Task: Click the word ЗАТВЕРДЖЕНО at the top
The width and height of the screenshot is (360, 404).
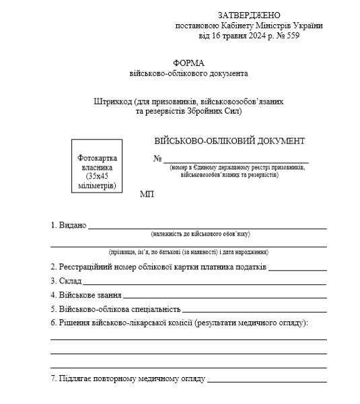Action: click(249, 15)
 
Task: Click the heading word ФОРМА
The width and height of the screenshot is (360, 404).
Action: click(188, 62)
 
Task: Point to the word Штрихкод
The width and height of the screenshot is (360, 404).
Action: click(113, 101)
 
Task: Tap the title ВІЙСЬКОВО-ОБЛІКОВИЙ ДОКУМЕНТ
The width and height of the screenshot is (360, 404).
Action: click(229, 141)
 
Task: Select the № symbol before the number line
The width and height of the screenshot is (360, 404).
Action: click(158, 159)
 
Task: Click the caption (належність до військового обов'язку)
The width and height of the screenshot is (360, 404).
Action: click(201, 234)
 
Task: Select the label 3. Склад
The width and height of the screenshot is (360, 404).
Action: click(66, 281)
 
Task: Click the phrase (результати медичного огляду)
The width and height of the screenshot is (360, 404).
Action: click(251, 323)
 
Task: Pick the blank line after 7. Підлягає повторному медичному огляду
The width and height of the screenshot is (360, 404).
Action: click(266, 380)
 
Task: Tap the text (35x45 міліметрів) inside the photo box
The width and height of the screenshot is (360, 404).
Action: click(97, 180)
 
